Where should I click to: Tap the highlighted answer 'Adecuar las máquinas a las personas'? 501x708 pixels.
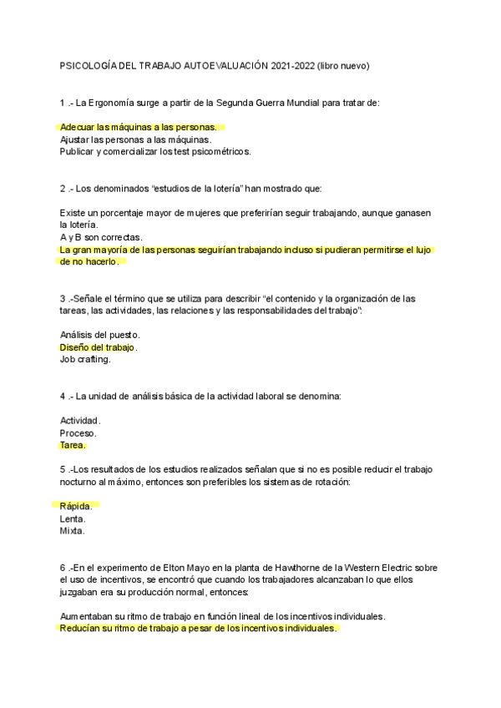[138, 127]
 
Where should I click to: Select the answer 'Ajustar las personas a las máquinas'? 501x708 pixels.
[135, 139]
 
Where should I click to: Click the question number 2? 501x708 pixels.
[63, 188]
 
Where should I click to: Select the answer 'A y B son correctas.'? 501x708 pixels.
[101, 237]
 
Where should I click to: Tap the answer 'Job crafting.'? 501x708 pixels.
[85, 359]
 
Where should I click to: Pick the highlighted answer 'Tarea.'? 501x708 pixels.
[73, 445]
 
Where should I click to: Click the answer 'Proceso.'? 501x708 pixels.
[78, 432]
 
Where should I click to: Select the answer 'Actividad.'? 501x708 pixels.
[80, 420]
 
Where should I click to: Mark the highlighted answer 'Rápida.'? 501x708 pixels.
[75, 506]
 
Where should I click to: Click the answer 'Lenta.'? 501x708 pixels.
[73, 518]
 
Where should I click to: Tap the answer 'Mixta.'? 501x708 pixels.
[72, 530]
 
